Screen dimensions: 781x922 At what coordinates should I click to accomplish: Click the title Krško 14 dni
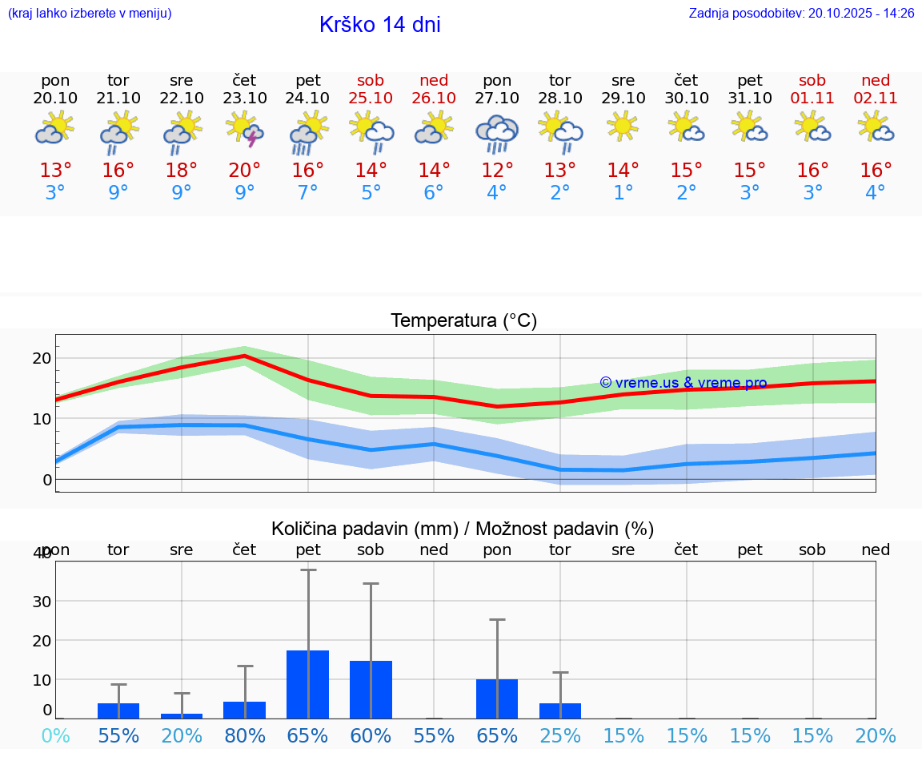click(x=379, y=25)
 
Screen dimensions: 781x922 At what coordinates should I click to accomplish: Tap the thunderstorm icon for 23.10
click(x=245, y=129)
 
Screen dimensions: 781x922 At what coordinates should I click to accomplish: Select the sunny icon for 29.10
click(x=623, y=127)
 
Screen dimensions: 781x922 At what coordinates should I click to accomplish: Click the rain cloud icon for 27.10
click(x=497, y=133)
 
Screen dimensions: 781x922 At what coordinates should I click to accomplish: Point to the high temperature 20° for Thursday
click(x=245, y=171)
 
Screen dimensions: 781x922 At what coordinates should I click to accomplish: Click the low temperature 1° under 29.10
click(x=623, y=193)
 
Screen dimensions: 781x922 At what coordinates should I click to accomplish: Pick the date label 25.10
click(x=371, y=99)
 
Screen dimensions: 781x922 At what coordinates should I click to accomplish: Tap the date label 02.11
click(x=876, y=99)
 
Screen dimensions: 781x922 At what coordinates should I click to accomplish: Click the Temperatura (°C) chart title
click(x=463, y=321)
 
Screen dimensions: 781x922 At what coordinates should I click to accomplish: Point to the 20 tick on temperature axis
click(x=42, y=358)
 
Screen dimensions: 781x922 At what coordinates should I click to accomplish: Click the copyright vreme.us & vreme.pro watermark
click(x=683, y=383)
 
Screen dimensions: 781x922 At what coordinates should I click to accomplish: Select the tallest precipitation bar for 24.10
click(x=308, y=684)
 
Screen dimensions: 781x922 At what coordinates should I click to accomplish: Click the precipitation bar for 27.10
click(x=497, y=698)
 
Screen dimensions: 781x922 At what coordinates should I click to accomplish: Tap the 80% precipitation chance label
click(x=245, y=736)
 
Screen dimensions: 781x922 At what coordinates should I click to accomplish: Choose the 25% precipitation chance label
click(x=560, y=736)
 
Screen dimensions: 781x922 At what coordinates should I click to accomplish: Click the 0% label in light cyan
click(x=55, y=736)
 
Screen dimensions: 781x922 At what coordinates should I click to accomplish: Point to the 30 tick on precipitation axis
click(x=42, y=602)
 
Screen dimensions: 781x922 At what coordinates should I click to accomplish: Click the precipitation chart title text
click(x=463, y=529)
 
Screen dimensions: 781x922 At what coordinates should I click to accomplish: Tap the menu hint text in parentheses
click(x=90, y=14)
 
